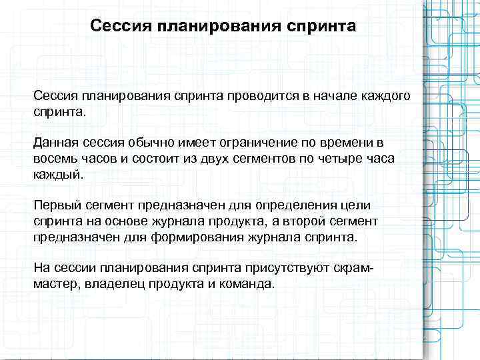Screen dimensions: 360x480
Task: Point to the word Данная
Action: point(57,144)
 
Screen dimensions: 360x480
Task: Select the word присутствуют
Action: point(293,268)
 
